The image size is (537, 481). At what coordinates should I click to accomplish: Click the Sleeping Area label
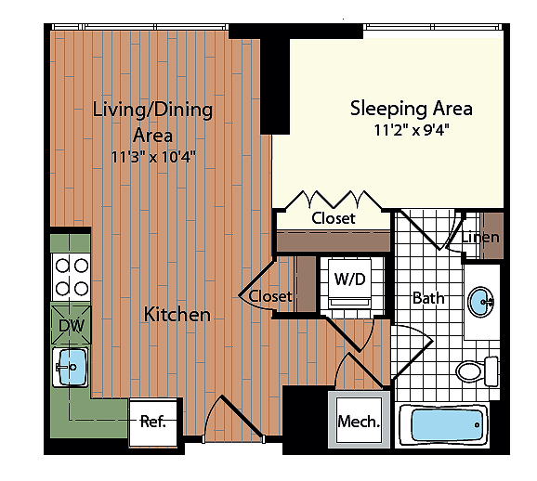pyautogui.click(x=412, y=109)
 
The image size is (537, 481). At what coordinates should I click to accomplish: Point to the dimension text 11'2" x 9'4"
pyautogui.click(x=412, y=130)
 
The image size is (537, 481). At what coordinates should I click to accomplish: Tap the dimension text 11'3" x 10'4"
pyautogui.click(x=153, y=157)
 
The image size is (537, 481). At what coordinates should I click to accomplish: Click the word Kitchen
pyautogui.click(x=177, y=314)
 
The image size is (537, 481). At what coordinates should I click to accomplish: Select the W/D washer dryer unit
pyautogui.click(x=349, y=284)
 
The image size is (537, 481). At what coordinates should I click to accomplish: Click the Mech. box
pyautogui.click(x=359, y=421)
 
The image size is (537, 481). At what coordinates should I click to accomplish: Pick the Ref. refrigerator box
pyautogui.click(x=153, y=422)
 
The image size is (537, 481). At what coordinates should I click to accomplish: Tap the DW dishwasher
pyautogui.click(x=71, y=325)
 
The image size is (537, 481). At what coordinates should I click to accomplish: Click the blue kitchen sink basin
pyautogui.click(x=72, y=367)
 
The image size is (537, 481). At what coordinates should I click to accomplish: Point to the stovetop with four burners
pyautogui.click(x=72, y=278)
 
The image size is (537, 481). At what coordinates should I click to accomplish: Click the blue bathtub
pyautogui.click(x=447, y=425)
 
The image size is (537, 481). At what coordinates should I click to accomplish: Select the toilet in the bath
pyautogui.click(x=477, y=371)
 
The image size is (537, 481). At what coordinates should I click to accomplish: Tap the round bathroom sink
pyautogui.click(x=480, y=302)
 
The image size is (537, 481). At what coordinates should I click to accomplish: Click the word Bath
pyautogui.click(x=428, y=298)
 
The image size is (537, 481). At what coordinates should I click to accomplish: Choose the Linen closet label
pyautogui.click(x=480, y=237)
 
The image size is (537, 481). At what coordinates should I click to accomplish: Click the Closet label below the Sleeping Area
pyautogui.click(x=334, y=218)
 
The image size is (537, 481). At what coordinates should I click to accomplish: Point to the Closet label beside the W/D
pyautogui.click(x=270, y=296)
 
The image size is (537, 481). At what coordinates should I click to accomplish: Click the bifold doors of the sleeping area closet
pyautogui.click(x=334, y=200)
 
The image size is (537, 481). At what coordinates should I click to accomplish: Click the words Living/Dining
pyautogui.click(x=152, y=110)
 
